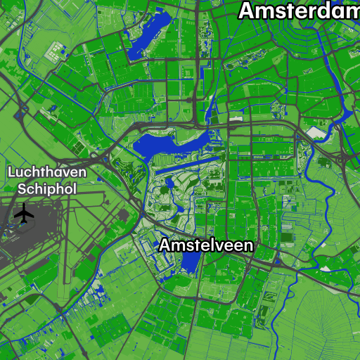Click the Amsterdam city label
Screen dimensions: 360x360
pos(298,11)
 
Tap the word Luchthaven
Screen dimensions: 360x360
pos(47,172)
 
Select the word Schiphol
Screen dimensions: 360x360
pos(47,188)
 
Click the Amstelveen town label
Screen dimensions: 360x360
pos(205,245)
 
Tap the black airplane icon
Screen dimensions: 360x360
pos(25,212)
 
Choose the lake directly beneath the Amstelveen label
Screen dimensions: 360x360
pos(188,263)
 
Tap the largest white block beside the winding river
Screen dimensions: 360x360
pos(317,132)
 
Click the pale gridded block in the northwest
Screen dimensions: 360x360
pos(55,51)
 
